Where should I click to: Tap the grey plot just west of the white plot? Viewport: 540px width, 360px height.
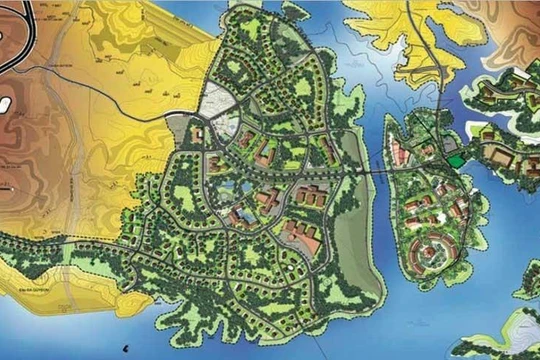[177, 128]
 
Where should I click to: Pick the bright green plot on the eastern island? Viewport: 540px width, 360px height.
[457, 161]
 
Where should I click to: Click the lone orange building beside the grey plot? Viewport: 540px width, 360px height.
[198, 135]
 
